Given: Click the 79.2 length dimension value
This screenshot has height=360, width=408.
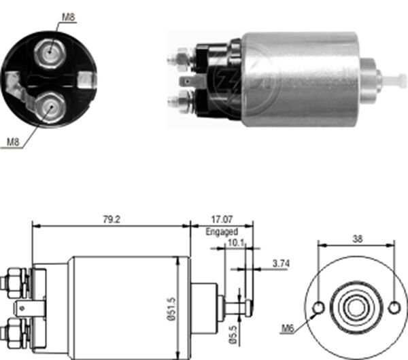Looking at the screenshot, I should click(x=111, y=219).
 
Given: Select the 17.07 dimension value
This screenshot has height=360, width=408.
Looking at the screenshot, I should click(x=222, y=219).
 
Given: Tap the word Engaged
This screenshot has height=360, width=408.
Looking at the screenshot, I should click(x=222, y=232).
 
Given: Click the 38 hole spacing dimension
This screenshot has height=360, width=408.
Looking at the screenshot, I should click(x=356, y=239).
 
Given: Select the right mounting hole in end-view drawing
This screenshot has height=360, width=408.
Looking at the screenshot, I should click(x=394, y=308).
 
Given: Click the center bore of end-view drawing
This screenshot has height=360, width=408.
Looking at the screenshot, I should click(x=356, y=308).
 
